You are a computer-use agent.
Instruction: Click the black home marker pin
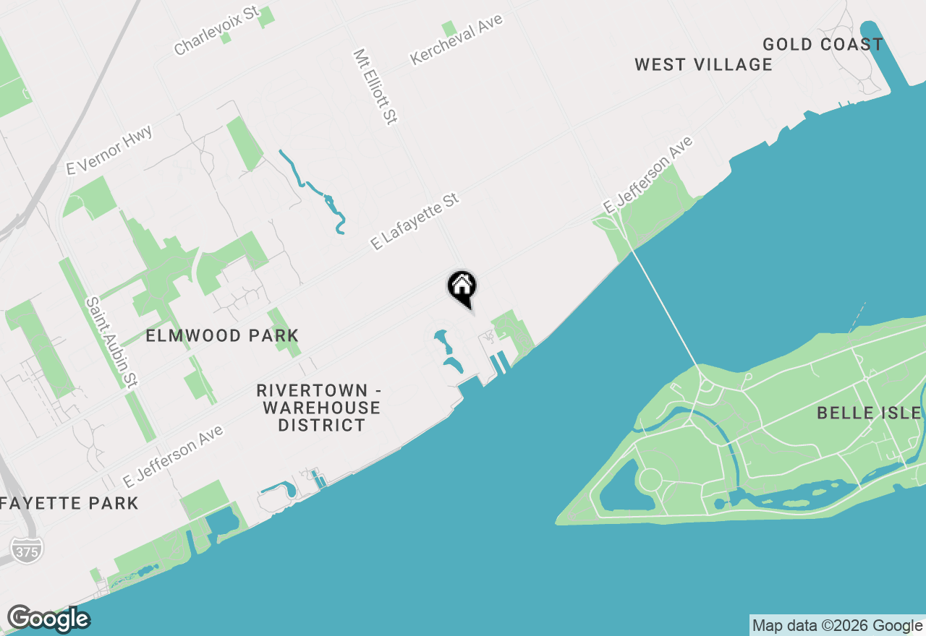click(x=462, y=287)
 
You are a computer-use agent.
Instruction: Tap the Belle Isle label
click(x=868, y=413)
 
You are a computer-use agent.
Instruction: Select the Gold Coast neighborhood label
click(x=823, y=45)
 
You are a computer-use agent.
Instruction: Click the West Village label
click(x=703, y=65)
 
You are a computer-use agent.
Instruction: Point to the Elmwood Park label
click(x=222, y=336)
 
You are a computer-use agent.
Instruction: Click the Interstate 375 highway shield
click(x=27, y=549)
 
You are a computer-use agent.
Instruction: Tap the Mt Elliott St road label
click(x=376, y=87)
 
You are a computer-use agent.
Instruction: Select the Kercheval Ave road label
click(x=456, y=39)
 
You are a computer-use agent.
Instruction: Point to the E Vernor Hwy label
click(x=109, y=150)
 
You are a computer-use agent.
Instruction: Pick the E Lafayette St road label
click(x=415, y=221)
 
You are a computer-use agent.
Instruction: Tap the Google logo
click(x=48, y=619)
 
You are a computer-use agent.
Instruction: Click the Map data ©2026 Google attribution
click(x=838, y=626)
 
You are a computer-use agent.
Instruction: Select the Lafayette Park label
click(x=69, y=503)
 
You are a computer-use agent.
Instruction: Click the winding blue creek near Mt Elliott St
click(x=318, y=189)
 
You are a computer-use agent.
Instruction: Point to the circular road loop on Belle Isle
click(x=649, y=479)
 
